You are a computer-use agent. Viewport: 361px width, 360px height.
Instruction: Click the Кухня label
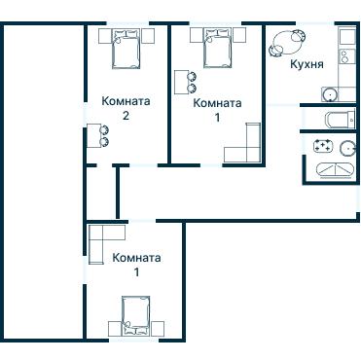307,64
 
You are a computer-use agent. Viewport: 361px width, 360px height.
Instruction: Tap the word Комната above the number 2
126,101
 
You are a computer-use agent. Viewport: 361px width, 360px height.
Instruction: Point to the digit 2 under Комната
126,116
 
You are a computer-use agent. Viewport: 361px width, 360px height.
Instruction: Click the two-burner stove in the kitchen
343,56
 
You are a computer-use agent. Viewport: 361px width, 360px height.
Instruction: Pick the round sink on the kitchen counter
330,94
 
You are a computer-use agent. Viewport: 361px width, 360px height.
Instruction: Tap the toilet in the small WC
342,120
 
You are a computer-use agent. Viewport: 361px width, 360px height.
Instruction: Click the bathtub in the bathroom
334,169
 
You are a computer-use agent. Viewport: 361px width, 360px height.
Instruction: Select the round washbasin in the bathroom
348,149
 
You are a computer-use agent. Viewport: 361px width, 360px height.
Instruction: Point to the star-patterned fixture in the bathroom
323,145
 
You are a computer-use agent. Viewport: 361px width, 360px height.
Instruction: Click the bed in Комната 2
126,48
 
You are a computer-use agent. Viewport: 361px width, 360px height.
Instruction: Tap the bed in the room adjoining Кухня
218,48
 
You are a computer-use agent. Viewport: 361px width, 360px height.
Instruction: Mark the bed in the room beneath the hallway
136,315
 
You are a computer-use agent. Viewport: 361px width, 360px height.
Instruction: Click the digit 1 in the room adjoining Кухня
217,118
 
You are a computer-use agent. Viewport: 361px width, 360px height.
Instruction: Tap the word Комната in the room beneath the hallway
136,258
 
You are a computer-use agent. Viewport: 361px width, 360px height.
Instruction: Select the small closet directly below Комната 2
102,193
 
